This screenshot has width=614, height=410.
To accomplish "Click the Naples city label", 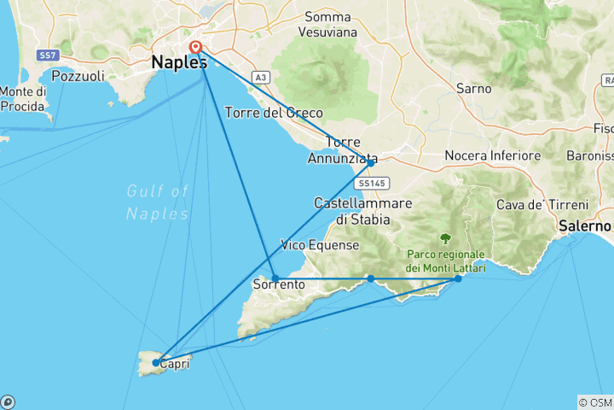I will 179,62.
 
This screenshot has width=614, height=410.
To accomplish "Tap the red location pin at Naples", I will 196,48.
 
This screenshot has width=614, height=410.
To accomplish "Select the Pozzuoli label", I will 78,76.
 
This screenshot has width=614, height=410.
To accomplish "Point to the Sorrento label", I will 280,284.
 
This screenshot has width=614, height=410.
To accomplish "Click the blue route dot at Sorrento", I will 275,278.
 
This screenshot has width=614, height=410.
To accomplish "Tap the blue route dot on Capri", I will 155,363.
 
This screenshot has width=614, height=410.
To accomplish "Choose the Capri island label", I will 174,362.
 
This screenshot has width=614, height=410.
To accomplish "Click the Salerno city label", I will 586,226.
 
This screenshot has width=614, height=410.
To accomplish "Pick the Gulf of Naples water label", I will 157,202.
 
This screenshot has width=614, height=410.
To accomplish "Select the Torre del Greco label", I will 273,113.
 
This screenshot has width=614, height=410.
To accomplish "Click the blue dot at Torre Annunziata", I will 370,162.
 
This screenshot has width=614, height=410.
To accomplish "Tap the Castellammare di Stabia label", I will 362,211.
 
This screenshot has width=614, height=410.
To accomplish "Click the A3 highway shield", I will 259,78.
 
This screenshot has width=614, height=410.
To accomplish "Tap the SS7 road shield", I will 47,56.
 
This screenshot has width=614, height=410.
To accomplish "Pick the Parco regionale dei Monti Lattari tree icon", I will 445,238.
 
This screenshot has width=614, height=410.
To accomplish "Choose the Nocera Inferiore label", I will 493,156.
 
